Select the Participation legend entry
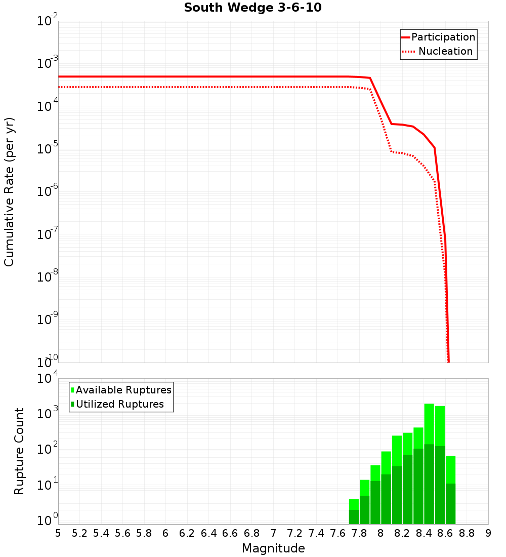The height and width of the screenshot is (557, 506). coord(443,37)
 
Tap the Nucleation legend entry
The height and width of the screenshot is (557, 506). coord(445,52)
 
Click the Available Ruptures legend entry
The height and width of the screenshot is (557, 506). coord(123,390)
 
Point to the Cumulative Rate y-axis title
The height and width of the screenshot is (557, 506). coord(9,192)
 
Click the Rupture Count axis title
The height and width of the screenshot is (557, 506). coord(19,451)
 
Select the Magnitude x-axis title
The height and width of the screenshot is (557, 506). coord(273,548)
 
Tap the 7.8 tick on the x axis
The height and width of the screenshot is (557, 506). coord(359,533)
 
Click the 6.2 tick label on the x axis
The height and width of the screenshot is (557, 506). coord(187,533)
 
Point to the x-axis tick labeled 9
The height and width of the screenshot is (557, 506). coord(488,533)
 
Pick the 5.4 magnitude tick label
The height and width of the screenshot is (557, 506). coord(101,533)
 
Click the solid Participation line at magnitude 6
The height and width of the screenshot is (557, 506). coord(165,76)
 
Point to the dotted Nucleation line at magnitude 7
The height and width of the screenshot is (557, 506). coord(273,87)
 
